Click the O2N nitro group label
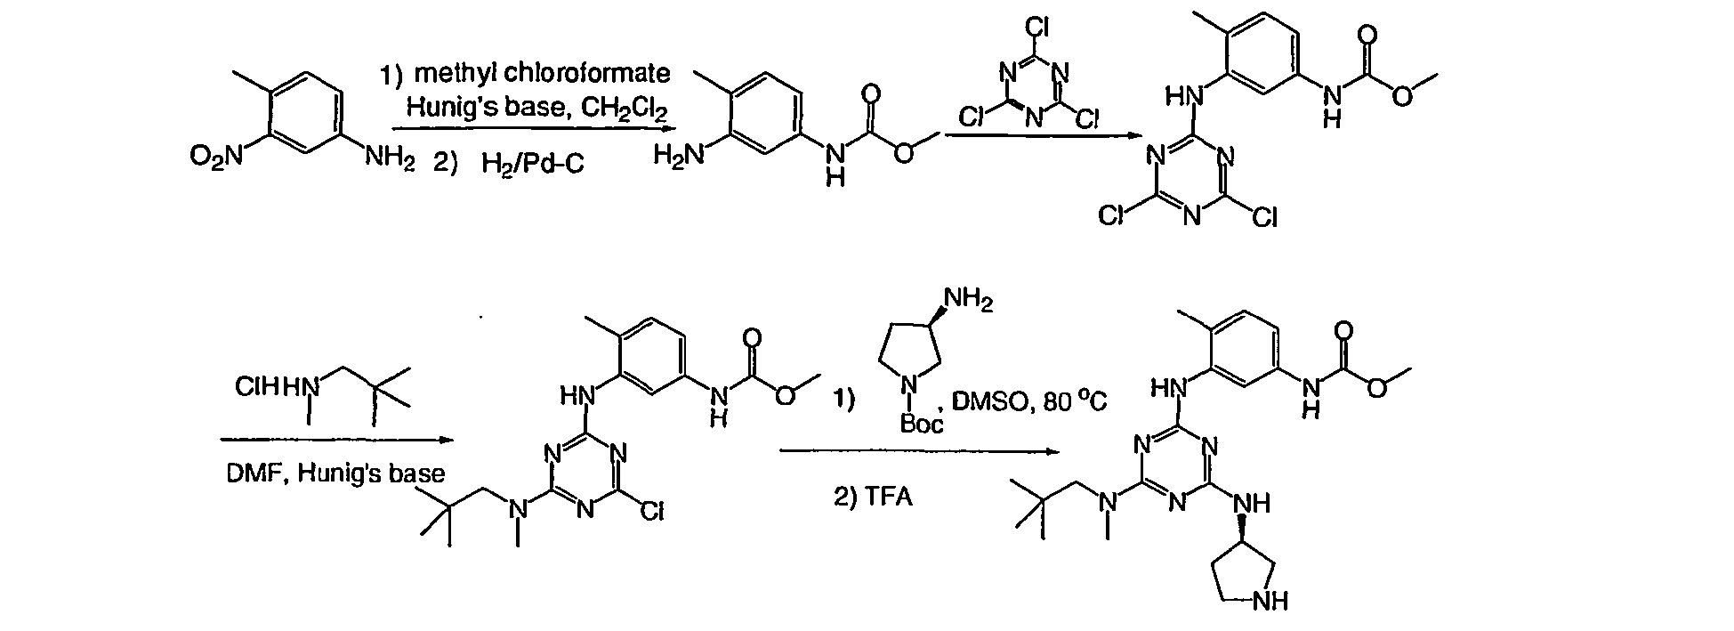pos(215,158)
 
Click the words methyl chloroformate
pos(542,73)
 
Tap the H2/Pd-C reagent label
pos(533,164)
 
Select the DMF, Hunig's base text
pos(335,473)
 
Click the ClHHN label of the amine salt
pos(278,388)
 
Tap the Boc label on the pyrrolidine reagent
pos(922,424)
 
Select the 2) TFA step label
pos(873,497)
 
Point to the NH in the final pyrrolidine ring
pos(1269,603)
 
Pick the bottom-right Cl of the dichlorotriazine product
pos(1263,217)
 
